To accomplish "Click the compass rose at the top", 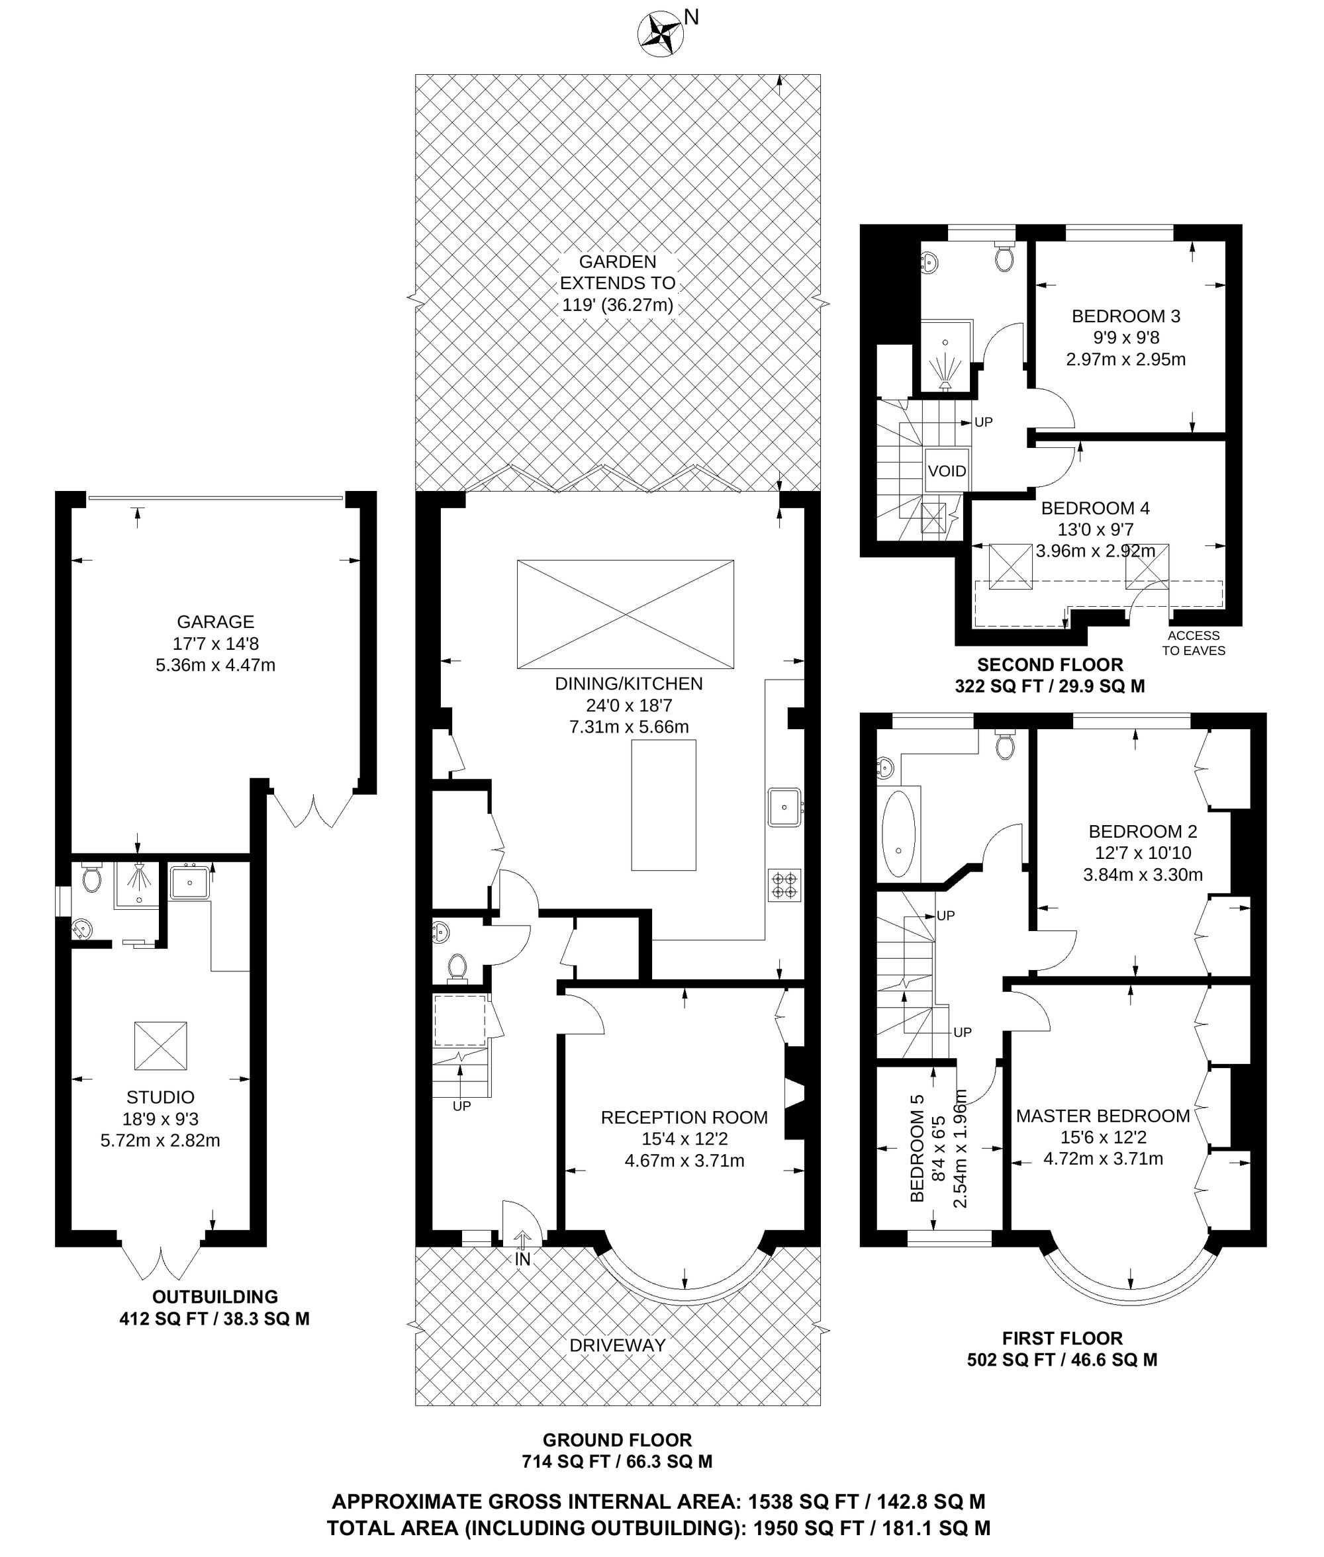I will pyautogui.click(x=660, y=34).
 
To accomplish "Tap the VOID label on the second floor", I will pyautogui.click(x=947, y=471).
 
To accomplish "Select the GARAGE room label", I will pyautogui.click(x=215, y=621).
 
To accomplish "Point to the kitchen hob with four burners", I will pyautogui.click(x=784, y=884).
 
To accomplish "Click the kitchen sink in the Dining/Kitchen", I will pyautogui.click(x=784, y=807).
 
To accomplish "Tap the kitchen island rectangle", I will pyautogui.click(x=663, y=805).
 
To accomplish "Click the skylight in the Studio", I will pyautogui.click(x=161, y=1045).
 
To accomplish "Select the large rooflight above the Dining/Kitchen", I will pyautogui.click(x=625, y=614).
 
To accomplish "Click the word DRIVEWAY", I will pyautogui.click(x=618, y=1345).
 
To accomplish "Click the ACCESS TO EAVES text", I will pyautogui.click(x=1194, y=643).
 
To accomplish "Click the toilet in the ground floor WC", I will pyautogui.click(x=456, y=968).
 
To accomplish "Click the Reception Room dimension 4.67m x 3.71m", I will pyautogui.click(x=685, y=1161).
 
